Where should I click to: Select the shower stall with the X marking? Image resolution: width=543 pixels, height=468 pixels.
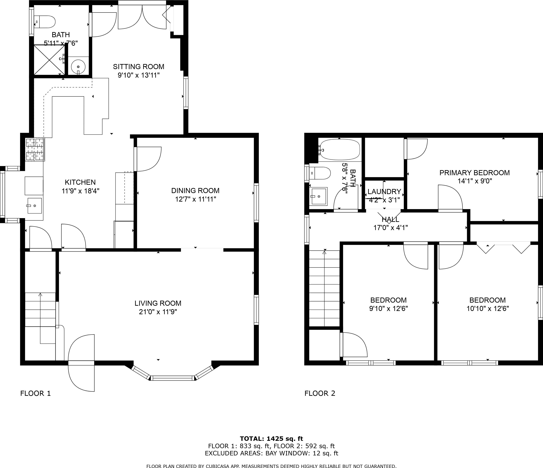coord(49,60)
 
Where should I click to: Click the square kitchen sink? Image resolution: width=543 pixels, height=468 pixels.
coord(35,206)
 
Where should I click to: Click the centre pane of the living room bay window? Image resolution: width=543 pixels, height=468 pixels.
coord(173,378)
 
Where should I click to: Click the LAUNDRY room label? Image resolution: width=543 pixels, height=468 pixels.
coord(384,192)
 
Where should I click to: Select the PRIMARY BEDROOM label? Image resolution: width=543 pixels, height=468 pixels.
coord(474,173)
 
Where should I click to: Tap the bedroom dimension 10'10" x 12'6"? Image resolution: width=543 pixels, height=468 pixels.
coord(487,308)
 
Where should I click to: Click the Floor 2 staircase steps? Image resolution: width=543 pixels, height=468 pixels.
coord(324,288)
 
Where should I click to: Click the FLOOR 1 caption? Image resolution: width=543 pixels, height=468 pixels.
coord(35,393)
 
